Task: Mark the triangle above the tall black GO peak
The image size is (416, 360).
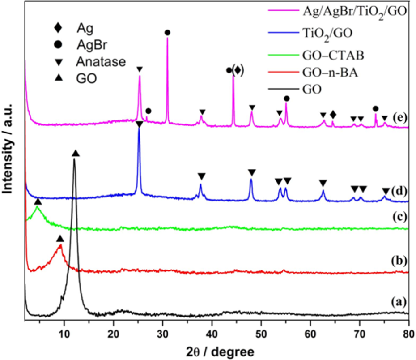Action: coord(76,154)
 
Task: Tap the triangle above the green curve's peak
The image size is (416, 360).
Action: coord(38,202)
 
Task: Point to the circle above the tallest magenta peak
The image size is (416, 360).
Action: coord(167,33)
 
